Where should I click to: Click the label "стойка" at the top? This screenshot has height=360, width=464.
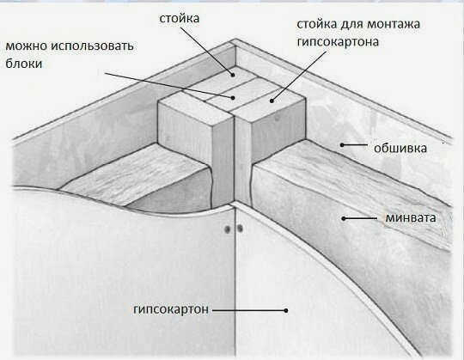180,18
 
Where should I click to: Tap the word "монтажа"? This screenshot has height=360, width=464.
394,24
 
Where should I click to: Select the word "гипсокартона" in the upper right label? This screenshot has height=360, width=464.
338,42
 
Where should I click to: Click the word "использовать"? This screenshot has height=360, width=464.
92,46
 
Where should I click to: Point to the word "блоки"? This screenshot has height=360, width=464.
24,64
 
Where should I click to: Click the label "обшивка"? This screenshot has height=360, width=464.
400,148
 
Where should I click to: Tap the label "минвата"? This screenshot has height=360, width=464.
411,217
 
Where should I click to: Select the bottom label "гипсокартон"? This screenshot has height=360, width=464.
171,309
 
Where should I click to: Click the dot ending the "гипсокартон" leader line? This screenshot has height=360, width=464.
286,310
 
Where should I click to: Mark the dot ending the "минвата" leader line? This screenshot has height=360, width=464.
344,218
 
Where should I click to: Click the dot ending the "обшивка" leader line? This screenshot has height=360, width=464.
342,145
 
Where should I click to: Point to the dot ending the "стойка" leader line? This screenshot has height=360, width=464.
233,75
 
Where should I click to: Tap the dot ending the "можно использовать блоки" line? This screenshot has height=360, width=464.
234,97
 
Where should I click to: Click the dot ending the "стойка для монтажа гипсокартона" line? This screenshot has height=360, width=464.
272,101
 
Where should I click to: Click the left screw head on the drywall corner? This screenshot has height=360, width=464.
228,229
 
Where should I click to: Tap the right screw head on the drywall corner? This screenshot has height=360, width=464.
240,228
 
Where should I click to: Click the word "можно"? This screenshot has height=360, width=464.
26,46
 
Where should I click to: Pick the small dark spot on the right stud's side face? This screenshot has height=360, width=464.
277,118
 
